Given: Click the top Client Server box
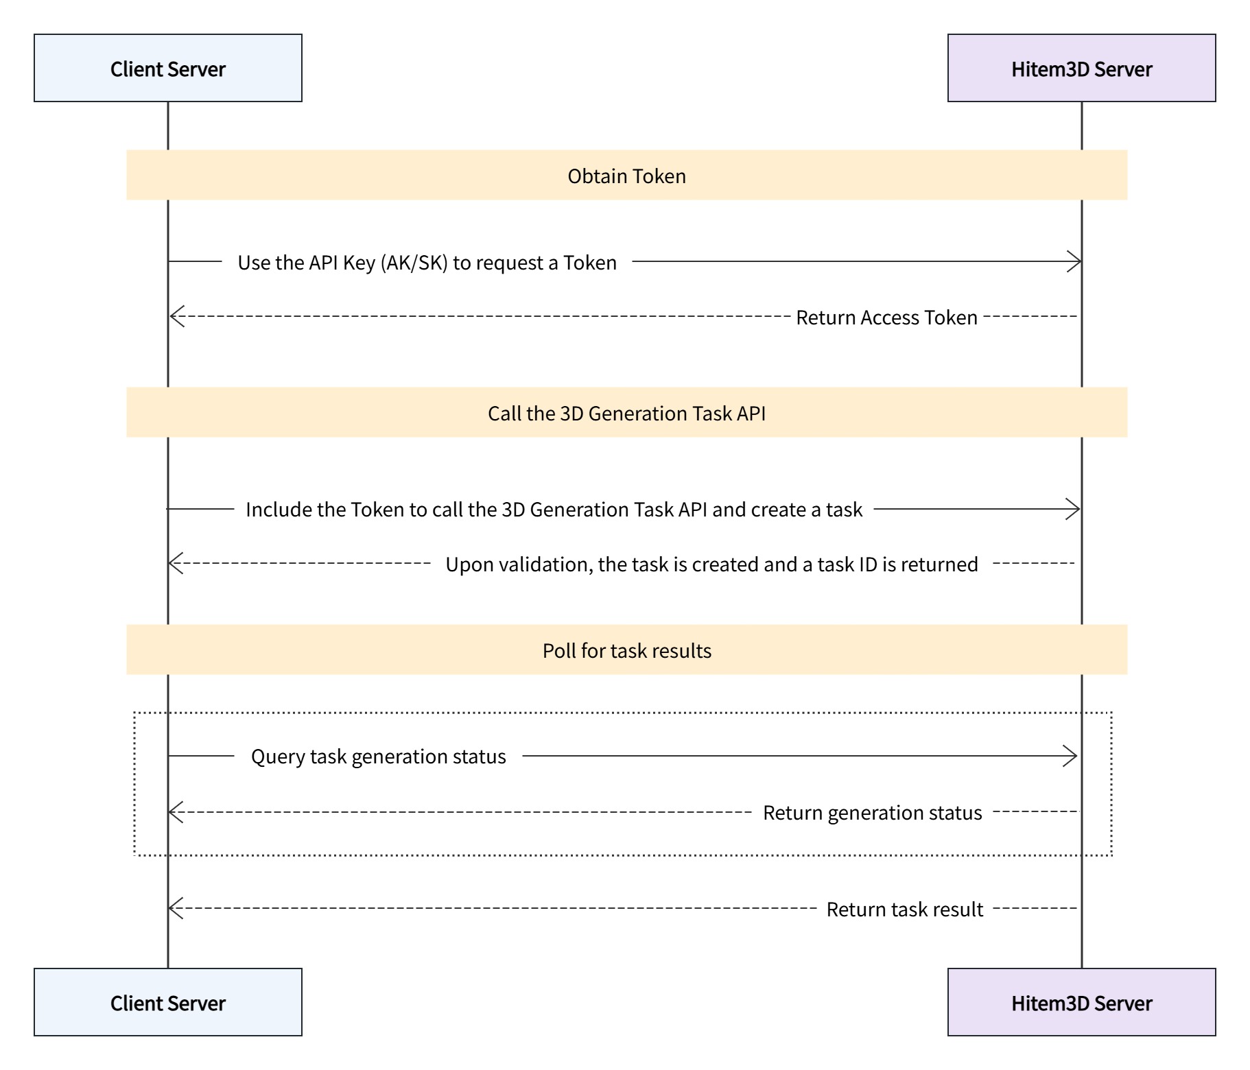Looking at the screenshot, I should pyautogui.click(x=167, y=69).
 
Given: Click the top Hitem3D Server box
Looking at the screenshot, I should pyautogui.click(x=1081, y=69).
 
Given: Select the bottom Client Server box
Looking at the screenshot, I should pyautogui.click(x=167, y=1002).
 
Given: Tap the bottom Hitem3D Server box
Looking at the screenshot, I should pyautogui.click(x=1081, y=1002).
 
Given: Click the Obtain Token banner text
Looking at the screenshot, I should pyautogui.click(x=626, y=176).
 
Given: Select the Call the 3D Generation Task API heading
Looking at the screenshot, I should pyautogui.click(x=626, y=414).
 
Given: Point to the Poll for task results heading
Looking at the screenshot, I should pyautogui.click(x=626, y=651).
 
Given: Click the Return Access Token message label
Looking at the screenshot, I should pyautogui.click(x=886, y=318).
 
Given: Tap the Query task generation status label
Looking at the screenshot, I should pyautogui.click(x=378, y=757).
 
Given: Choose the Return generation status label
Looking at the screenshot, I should pyautogui.click(x=872, y=813).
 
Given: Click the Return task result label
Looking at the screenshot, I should pyautogui.click(x=904, y=909).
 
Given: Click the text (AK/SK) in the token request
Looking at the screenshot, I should pyautogui.click(x=414, y=263).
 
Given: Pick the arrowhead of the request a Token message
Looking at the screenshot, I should pyautogui.click(x=1075, y=261).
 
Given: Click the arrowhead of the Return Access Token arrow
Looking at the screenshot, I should pyautogui.click(x=176, y=317).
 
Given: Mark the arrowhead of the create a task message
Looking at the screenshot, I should pyautogui.click(x=1074, y=509).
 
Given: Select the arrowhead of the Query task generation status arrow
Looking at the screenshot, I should pyautogui.click(x=1071, y=756).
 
